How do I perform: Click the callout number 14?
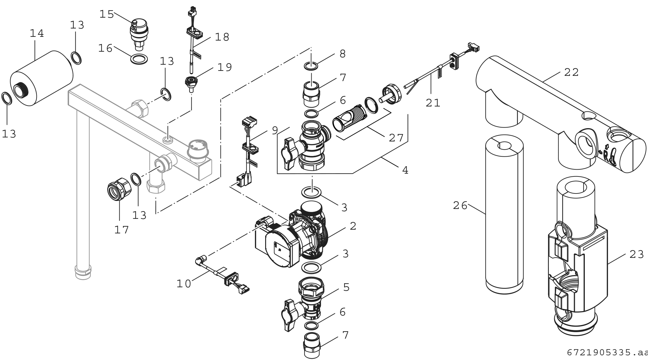(x=37, y=33)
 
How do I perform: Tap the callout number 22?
(x=571, y=72)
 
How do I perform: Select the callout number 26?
(x=460, y=206)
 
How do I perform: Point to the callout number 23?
(x=637, y=254)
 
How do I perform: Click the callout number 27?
(x=396, y=138)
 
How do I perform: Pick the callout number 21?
(x=433, y=103)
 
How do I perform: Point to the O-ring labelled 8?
(x=310, y=66)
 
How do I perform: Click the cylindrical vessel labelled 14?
(x=42, y=79)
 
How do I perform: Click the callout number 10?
(x=184, y=284)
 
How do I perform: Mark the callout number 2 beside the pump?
(x=353, y=226)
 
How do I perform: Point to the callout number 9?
(x=274, y=131)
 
